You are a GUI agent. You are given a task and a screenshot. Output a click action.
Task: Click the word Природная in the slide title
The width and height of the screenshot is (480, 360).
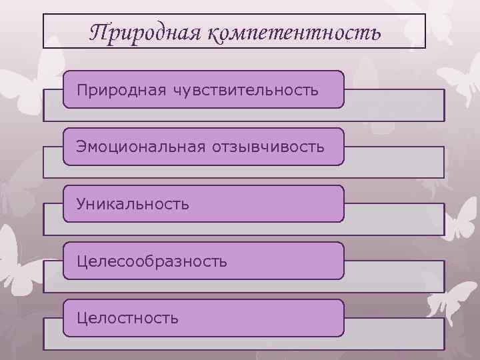143,31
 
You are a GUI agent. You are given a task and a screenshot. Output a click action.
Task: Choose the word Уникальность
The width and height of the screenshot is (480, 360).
133,203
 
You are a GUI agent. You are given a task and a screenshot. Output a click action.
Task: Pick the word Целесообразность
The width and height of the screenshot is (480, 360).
152,261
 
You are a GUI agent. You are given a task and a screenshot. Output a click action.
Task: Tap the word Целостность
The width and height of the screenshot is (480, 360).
127,318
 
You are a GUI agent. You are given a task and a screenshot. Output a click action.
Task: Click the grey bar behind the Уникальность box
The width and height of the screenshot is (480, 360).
393,219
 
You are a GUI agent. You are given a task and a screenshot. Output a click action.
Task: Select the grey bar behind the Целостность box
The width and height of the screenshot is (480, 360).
393,334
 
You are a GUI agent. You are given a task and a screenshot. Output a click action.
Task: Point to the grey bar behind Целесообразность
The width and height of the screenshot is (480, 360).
393,277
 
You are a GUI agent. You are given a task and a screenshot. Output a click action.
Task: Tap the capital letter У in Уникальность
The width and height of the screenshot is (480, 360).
81,203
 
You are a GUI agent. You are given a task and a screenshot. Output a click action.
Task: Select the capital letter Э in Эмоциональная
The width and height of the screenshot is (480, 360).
81,146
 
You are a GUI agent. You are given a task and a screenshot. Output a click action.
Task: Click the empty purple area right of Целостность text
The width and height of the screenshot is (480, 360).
267,318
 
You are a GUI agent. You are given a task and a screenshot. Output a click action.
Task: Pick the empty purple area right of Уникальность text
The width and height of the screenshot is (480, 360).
267,203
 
